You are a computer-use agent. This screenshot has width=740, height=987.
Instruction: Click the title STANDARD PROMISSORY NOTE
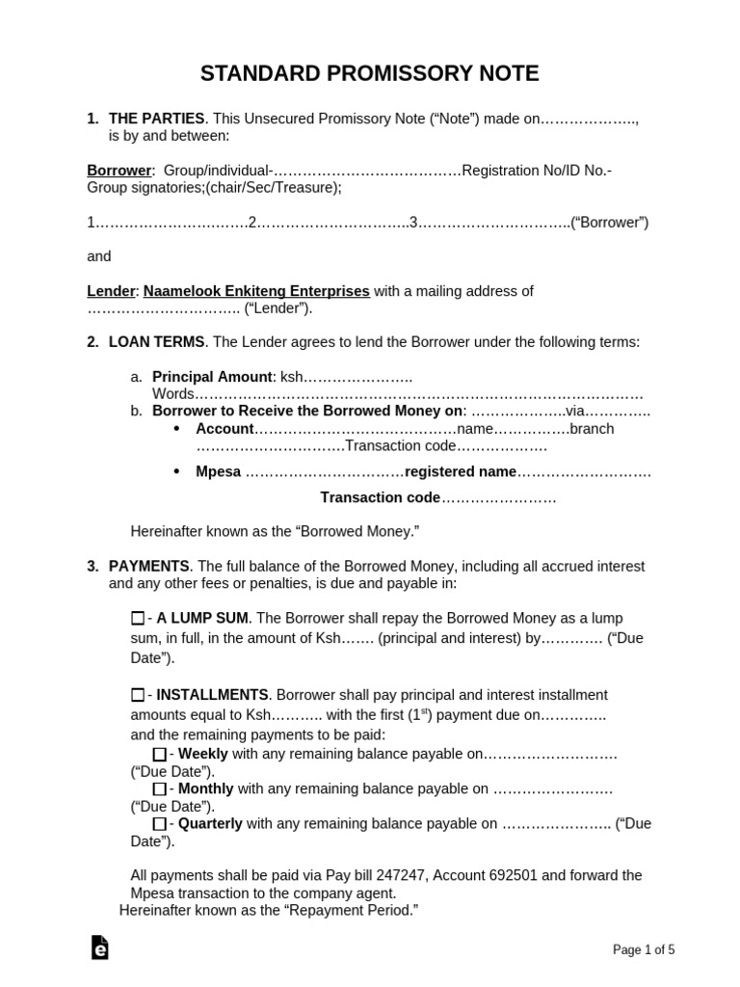370,74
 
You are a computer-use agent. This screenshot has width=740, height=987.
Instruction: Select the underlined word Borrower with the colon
121,171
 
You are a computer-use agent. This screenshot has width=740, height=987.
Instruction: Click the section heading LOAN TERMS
156,342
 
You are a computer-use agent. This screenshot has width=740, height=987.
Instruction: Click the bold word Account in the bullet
225,429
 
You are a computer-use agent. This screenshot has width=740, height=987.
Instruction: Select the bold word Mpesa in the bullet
218,472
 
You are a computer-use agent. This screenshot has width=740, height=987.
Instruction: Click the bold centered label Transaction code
380,497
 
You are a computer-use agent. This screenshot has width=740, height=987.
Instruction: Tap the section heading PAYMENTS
149,566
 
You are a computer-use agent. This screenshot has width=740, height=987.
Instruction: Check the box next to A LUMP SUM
137,618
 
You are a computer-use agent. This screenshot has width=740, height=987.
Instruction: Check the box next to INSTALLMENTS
137,695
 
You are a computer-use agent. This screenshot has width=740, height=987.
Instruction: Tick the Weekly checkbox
159,754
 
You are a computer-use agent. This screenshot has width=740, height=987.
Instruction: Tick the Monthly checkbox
159,789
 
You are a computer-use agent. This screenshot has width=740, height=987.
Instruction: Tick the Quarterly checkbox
159,824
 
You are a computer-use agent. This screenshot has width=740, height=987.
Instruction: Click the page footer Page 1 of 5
644,949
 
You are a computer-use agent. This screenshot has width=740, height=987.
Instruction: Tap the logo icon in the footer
99,948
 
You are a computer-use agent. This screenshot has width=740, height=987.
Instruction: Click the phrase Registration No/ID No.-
537,171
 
